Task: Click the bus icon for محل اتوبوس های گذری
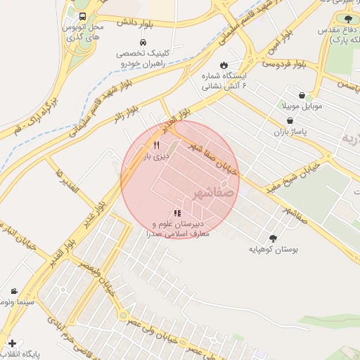click(82, 16)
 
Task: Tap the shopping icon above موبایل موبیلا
click(302, 95)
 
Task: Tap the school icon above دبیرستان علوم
click(177, 213)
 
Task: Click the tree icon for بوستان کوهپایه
click(273, 238)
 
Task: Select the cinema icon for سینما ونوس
click(14, 291)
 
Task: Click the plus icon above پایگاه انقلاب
click(11, 343)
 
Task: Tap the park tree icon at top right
click(347, 19)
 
